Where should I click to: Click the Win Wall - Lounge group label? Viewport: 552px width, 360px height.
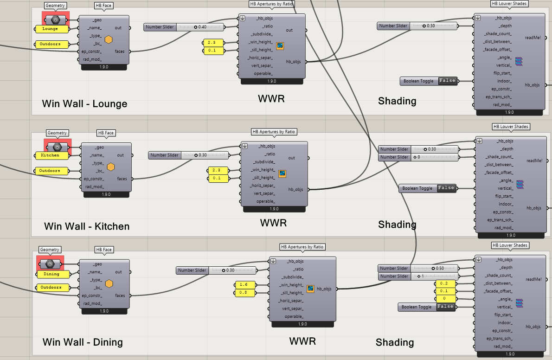84,103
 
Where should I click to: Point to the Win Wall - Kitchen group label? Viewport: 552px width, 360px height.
87,226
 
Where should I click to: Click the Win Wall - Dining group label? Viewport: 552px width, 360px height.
83,342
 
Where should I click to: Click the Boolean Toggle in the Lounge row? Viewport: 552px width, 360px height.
429,81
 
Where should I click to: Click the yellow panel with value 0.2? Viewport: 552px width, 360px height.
444,283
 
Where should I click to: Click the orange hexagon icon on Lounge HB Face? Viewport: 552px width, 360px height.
109,40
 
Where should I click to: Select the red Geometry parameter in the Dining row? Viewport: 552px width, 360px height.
50,264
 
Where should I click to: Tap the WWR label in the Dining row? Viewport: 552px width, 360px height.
302,341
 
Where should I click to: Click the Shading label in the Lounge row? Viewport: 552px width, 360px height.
397,101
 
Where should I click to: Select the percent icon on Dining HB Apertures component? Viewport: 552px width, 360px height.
310,288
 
